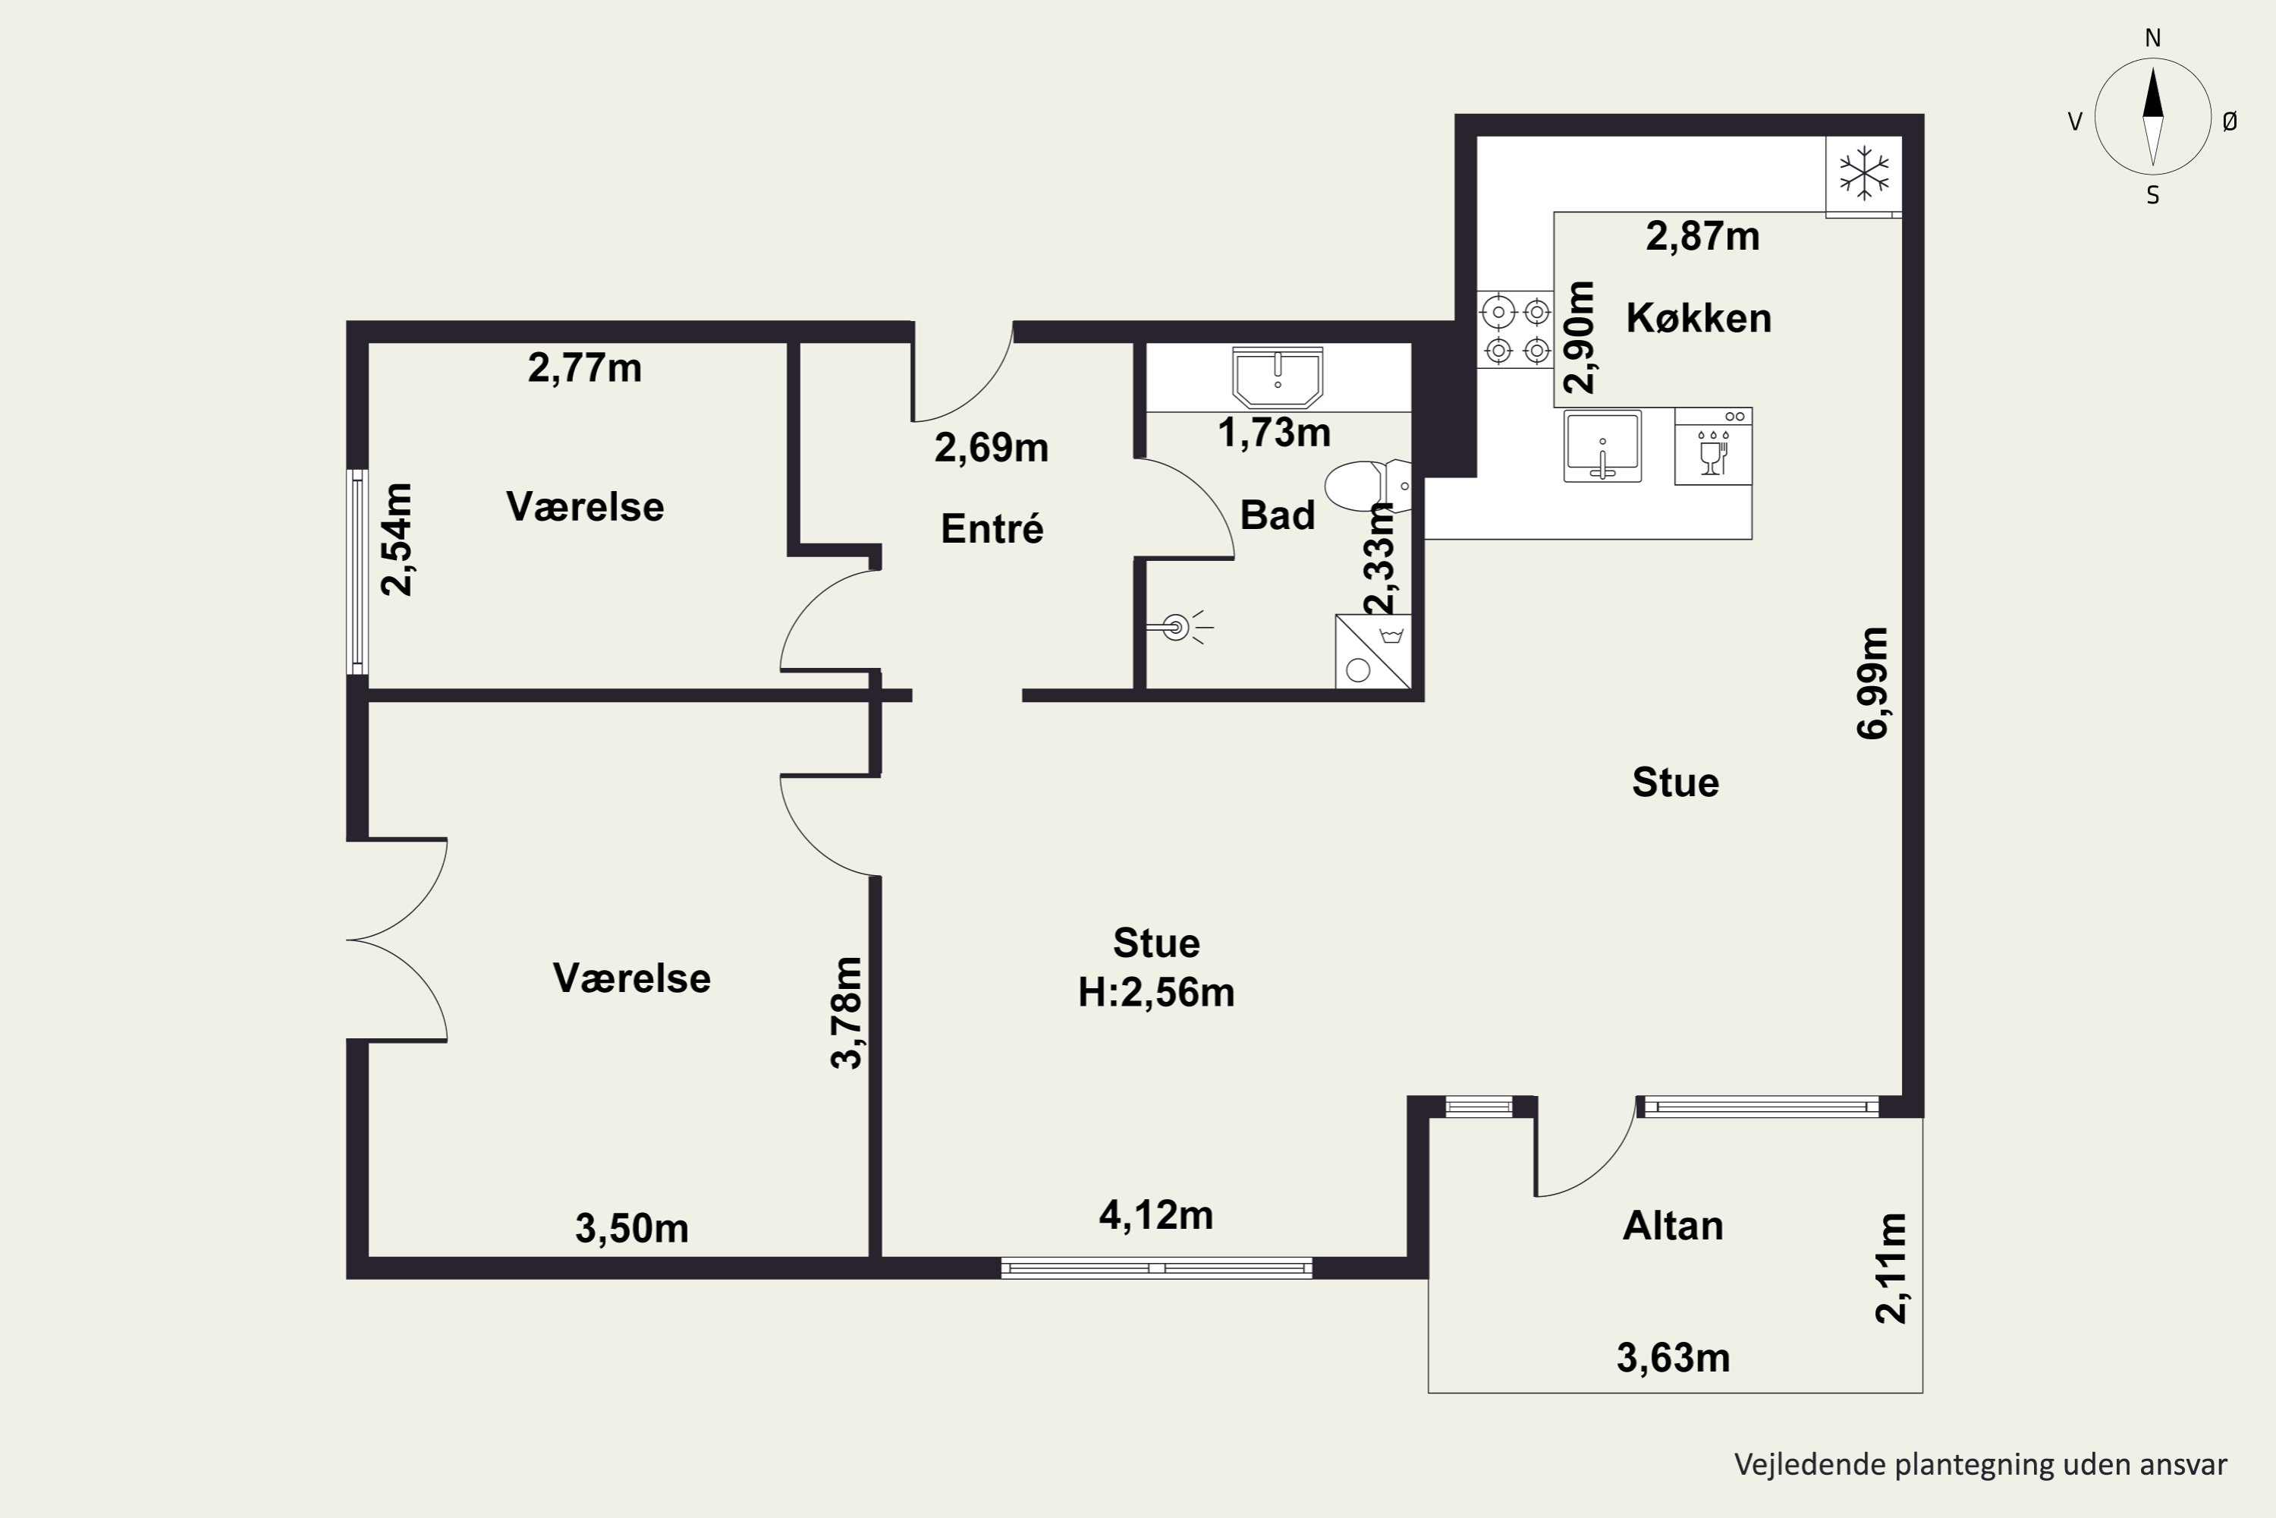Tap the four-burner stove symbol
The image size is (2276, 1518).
pos(1517,330)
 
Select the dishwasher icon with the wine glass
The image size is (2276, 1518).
pos(1713,446)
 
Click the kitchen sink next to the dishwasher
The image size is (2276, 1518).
pos(1602,446)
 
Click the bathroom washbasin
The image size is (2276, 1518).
pos(1278,377)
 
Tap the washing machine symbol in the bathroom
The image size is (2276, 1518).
pos(1373,651)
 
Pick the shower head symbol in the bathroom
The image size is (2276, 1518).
pos(1180,628)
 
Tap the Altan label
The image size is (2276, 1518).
pos(1673,1226)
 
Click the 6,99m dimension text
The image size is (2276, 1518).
pos(1872,684)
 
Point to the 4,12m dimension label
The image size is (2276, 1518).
pos(1155,1215)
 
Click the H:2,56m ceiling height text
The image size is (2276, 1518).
pos(1156,992)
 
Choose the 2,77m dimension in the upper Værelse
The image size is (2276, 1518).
pos(584,368)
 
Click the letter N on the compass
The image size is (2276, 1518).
pos(2153,38)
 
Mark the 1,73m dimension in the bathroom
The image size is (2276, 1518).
pos(1274,433)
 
